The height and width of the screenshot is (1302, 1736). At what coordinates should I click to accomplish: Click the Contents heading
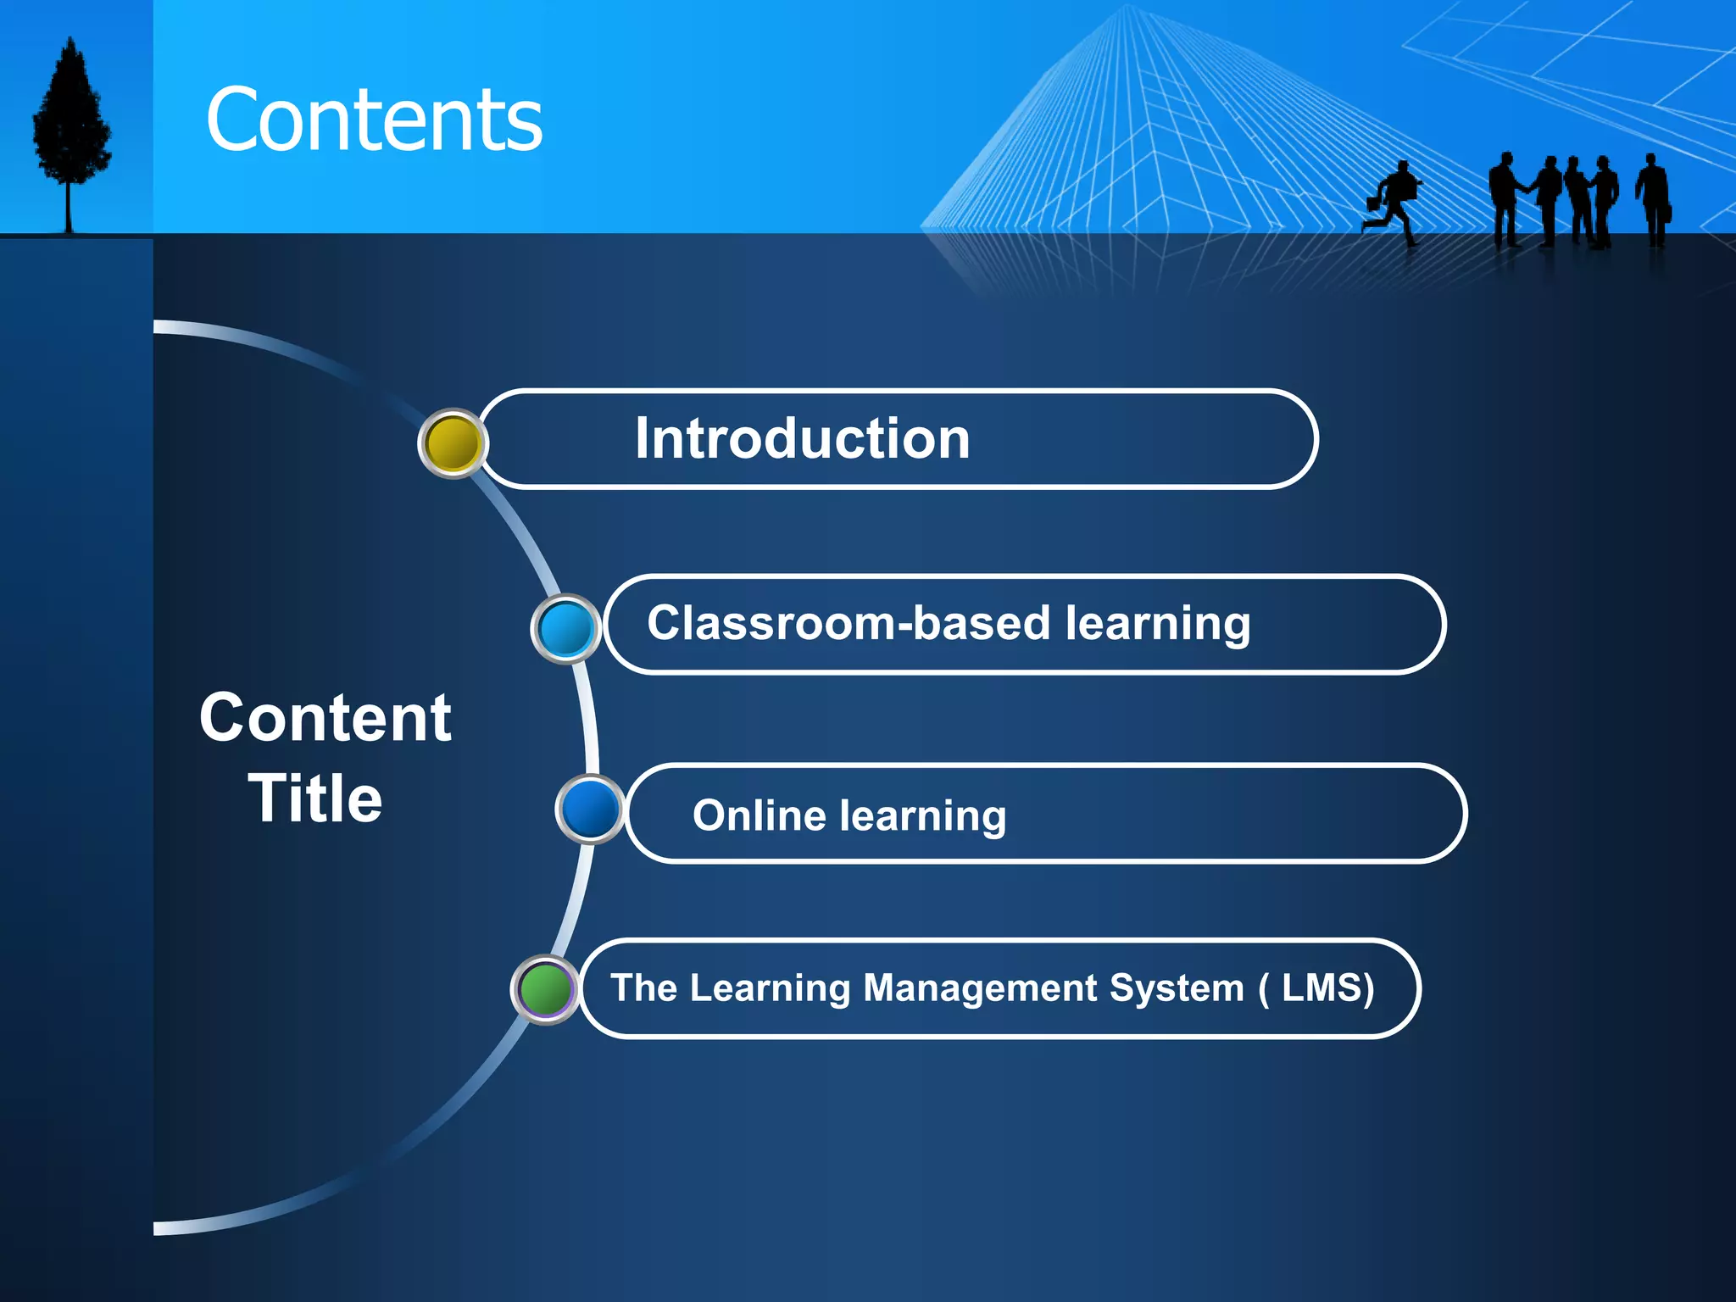(x=374, y=120)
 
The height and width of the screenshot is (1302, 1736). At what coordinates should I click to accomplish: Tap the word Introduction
(x=802, y=439)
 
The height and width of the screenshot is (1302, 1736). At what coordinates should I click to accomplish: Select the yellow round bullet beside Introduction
(x=453, y=443)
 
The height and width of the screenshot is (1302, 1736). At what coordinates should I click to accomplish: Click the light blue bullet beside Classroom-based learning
(x=565, y=629)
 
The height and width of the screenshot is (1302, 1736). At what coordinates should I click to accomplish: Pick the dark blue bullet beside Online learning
(x=590, y=809)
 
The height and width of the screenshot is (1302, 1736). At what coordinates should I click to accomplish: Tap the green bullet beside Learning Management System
(x=545, y=988)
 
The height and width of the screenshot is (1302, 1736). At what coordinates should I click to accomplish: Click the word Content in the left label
(x=325, y=718)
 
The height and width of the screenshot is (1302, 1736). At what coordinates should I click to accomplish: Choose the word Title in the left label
(x=315, y=798)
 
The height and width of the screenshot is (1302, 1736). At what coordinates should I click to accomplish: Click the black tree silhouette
(x=71, y=119)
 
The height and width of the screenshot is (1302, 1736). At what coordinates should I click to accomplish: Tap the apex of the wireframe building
(x=1128, y=8)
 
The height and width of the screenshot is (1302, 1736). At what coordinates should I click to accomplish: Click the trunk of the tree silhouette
(x=70, y=208)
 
